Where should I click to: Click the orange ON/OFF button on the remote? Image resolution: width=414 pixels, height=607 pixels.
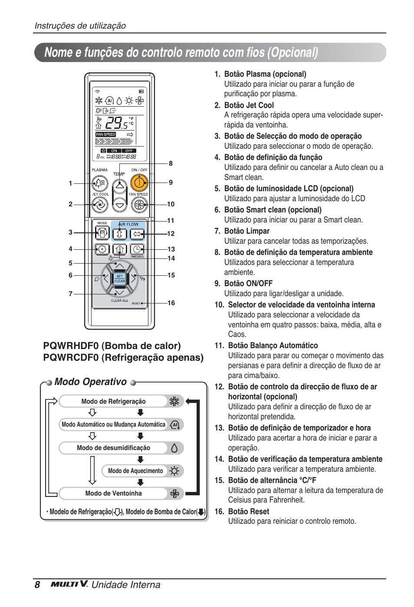coord(139,183)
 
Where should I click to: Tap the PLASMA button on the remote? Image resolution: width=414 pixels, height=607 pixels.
coord(100,183)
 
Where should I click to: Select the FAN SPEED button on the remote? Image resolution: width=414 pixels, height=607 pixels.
coord(139,204)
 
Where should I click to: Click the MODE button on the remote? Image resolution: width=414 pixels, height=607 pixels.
coord(102,234)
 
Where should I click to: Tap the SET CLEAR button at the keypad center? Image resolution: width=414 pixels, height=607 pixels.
coord(119,278)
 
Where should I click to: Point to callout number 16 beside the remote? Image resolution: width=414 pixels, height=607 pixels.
coord(171,303)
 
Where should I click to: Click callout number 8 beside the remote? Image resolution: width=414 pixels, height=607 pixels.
coord(171,163)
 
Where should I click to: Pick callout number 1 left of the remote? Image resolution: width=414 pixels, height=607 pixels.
coord(70,183)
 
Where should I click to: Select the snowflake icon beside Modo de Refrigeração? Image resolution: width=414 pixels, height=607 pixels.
coord(174,401)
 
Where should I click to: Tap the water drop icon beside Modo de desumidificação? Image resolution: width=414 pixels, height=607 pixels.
coord(174,448)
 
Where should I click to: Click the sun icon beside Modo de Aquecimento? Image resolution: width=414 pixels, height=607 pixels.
coord(174,471)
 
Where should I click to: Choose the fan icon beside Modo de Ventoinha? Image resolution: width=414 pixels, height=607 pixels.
coord(174,493)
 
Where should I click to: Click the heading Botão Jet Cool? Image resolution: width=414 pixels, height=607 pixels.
coord(249,105)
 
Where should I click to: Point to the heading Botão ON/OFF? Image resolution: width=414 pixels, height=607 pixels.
coord(248,284)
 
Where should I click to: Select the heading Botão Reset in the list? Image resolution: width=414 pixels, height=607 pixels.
coord(248,512)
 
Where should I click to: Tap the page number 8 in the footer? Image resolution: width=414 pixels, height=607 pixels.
coord(37,585)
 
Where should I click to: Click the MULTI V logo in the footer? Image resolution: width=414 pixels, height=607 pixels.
coord(69,584)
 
